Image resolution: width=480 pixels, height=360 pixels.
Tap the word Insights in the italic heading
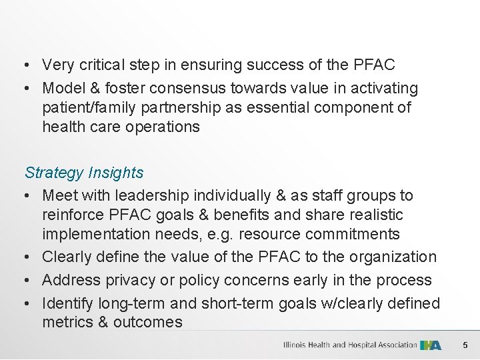[x=114, y=173]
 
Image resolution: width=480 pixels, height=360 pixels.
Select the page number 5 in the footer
[x=465, y=345]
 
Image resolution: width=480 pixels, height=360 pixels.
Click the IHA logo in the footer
[x=431, y=345]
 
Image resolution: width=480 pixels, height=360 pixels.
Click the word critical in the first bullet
[x=103, y=65]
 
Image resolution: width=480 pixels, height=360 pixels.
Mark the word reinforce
[x=74, y=215]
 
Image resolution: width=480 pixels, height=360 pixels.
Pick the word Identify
[x=67, y=303]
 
